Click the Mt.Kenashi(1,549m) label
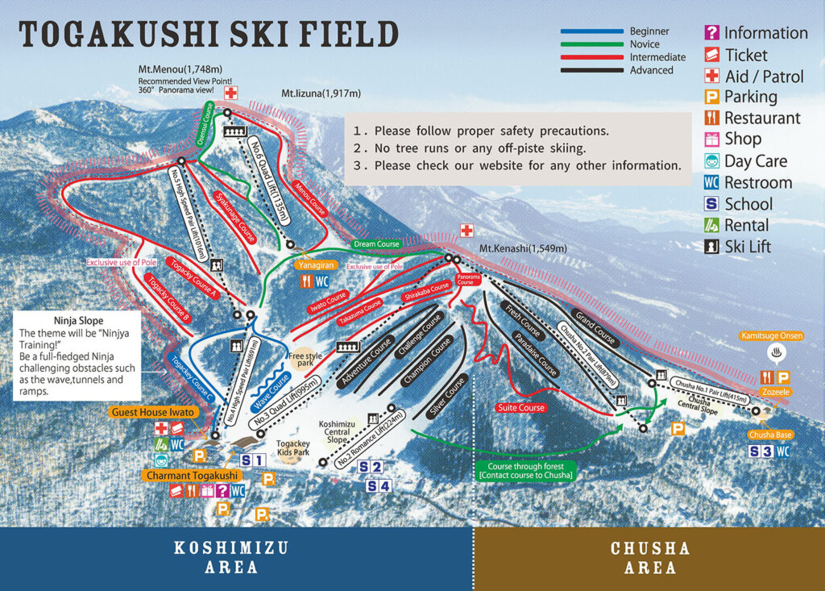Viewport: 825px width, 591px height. (x=523, y=248)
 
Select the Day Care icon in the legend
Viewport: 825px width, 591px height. (x=712, y=161)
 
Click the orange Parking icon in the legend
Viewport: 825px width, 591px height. (x=712, y=98)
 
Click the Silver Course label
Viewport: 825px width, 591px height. (x=449, y=396)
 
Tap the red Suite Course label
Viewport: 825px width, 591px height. (x=520, y=408)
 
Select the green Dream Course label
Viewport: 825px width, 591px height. (x=377, y=243)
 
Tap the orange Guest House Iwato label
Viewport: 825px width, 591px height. (x=153, y=412)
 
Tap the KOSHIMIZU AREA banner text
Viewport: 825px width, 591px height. (x=231, y=557)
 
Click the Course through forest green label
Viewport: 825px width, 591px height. (x=526, y=471)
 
